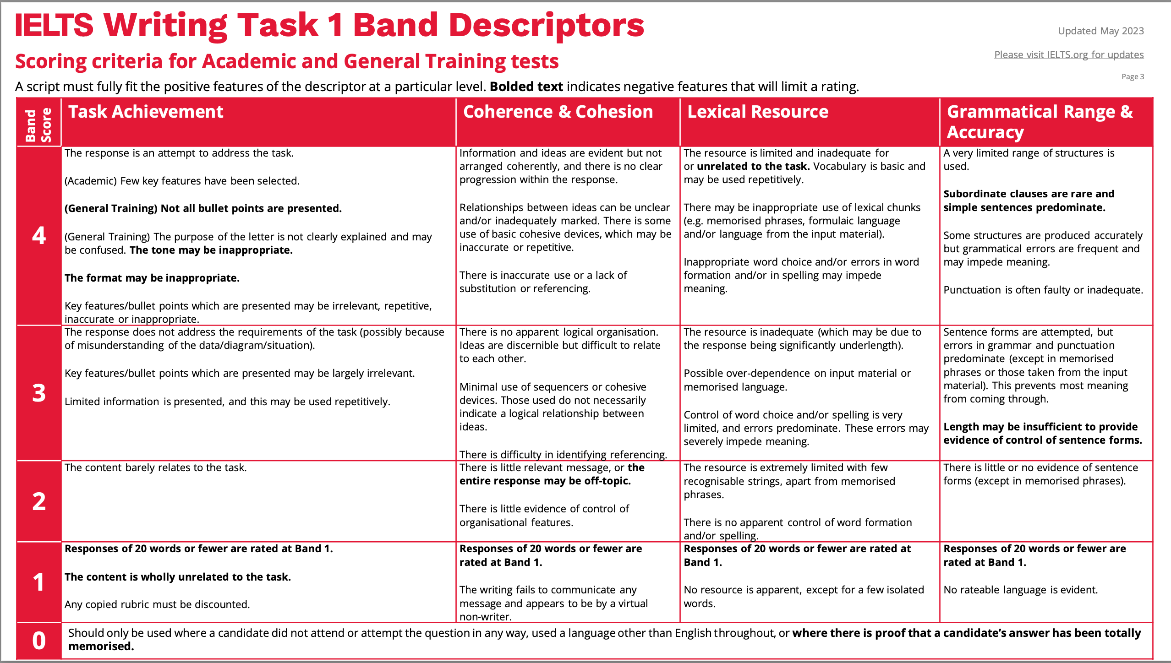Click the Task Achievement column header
click(x=146, y=112)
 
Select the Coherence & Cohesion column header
click(x=558, y=112)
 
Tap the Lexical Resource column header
click(x=758, y=112)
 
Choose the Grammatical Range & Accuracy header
click(x=1039, y=122)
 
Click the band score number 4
click(x=39, y=235)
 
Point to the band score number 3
click(x=39, y=393)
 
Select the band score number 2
click(x=39, y=501)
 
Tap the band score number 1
click(x=39, y=582)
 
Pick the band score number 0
click(x=39, y=641)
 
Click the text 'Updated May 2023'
click(x=1100, y=31)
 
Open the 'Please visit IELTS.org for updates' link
click(x=1068, y=55)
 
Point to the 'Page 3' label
click(x=1133, y=76)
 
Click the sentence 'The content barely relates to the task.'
click(x=156, y=467)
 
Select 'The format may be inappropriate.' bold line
click(x=152, y=278)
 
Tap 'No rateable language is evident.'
click(x=1021, y=590)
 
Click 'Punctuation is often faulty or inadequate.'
click(x=1043, y=290)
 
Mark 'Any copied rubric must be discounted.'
click(x=157, y=604)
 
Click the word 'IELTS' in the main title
click(x=54, y=25)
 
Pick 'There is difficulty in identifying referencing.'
click(x=563, y=454)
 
